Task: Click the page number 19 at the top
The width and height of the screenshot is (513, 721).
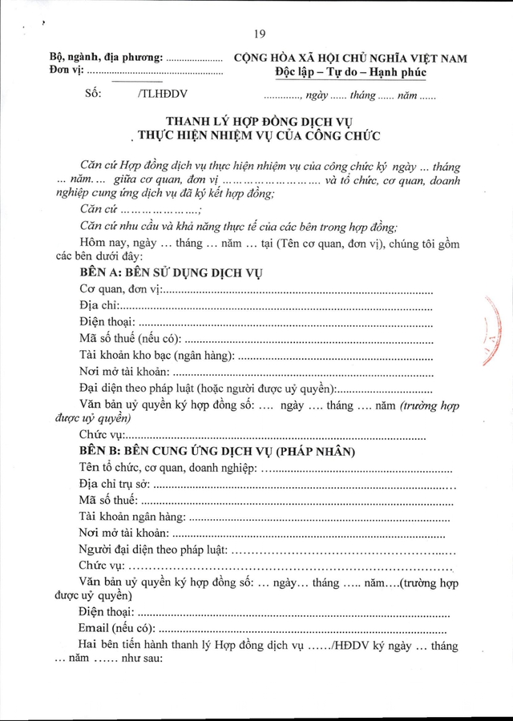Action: click(258, 34)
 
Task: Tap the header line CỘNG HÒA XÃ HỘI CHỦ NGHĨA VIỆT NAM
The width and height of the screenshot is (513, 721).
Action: click(349, 58)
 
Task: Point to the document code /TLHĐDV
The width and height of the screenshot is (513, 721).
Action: click(159, 94)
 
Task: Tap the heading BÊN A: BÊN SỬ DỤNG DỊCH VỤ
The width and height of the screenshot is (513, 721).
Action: click(172, 272)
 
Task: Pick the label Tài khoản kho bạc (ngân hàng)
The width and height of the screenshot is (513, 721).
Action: click(157, 355)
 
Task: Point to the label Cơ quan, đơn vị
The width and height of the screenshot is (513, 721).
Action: click(121, 288)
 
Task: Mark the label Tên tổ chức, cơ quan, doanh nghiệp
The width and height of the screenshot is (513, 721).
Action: click(166, 468)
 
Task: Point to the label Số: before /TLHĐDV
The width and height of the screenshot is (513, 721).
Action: click(94, 94)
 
